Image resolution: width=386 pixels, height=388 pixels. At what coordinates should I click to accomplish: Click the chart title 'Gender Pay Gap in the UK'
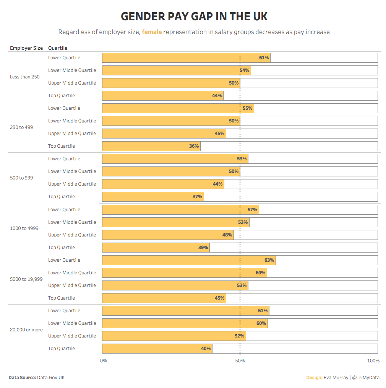[194, 16]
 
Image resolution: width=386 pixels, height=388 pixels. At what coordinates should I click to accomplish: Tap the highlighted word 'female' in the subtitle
[152, 32]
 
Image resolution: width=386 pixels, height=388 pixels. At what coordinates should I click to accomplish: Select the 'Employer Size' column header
[26, 48]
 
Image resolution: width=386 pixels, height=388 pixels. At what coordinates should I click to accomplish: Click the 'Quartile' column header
[58, 48]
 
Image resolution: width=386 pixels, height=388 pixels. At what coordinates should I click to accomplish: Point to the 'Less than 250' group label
[24, 77]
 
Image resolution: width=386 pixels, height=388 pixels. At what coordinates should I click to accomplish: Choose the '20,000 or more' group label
[26, 329]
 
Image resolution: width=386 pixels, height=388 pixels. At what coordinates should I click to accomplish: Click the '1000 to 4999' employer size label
[24, 228]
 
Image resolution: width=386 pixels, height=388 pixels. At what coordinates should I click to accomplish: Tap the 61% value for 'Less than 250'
[264, 58]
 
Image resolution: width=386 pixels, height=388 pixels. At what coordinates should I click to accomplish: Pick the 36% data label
[194, 146]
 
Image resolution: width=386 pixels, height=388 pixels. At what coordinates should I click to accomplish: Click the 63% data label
[269, 260]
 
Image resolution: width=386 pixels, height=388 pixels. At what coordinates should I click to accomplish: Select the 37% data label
[197, 197]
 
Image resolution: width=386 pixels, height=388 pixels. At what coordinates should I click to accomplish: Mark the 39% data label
[203, 248]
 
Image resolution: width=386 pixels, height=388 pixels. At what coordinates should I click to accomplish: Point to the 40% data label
[206, 349]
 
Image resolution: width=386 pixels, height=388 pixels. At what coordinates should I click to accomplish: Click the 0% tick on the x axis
[103, 361]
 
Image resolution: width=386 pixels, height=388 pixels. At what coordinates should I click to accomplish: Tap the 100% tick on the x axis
[373, 361]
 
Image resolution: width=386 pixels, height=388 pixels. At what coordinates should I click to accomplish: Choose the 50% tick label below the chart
[240, 361]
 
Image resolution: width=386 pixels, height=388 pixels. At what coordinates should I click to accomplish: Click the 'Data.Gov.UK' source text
[51, 378]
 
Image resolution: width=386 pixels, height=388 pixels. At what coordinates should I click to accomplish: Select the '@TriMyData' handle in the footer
[366, 378]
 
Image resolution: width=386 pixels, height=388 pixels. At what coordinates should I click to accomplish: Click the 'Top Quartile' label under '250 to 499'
[62, 146]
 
